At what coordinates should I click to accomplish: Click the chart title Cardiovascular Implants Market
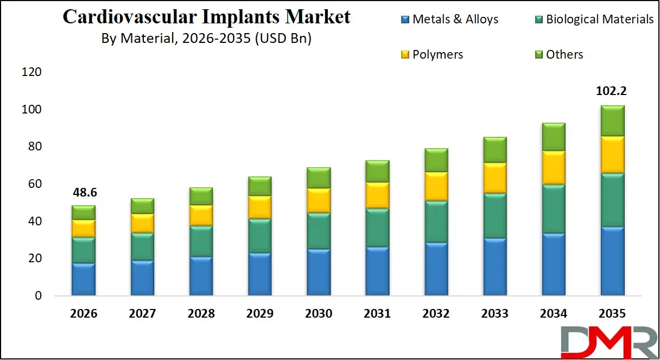tap(206, 17)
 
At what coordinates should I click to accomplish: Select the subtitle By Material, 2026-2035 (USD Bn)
tap(206, 39)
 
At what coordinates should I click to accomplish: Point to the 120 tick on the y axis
tap(31, 72)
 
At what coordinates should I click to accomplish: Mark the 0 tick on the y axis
tap(38, 296)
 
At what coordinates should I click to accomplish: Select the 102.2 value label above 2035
tap(611, 91)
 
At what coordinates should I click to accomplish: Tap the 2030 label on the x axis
tap(319, 314)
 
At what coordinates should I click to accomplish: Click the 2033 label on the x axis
tap(494, 314)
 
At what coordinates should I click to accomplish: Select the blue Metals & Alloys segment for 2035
tap(612, 261)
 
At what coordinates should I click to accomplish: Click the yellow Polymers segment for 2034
tap(553, 168)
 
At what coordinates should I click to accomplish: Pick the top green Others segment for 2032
tap(436, 160)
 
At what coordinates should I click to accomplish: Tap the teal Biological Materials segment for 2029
tap(260, 236)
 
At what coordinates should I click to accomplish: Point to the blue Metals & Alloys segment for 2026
tap(84, 280)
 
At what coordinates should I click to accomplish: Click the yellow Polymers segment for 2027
tap(142, 223)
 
